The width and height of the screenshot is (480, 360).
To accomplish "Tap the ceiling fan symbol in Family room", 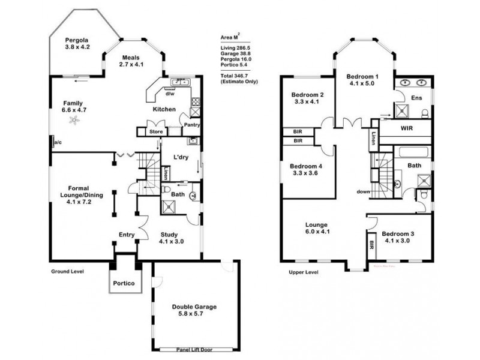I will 74,120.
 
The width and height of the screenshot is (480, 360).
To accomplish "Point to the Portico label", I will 125,283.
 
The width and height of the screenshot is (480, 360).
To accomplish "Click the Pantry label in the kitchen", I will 191,125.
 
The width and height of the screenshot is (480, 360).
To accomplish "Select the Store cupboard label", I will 156,131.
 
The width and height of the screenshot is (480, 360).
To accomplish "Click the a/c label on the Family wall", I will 58,142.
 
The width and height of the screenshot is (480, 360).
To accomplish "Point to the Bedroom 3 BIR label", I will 372,244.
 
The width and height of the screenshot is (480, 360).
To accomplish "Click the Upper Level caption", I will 302,272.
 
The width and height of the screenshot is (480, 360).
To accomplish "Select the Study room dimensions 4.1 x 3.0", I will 171,241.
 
